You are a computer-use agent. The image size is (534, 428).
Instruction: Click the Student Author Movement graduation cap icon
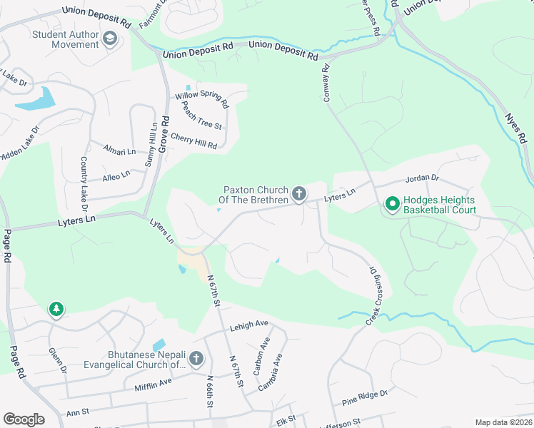pos(110,38)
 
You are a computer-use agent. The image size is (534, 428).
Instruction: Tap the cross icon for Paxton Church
pos(298,193)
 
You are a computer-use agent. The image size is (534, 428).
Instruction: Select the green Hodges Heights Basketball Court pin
pos(392,205)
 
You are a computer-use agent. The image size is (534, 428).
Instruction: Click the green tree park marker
pos(56,309)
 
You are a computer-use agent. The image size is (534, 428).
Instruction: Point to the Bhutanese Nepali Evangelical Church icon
pos(196,359)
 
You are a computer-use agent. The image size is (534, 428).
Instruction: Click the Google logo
pos(24,419)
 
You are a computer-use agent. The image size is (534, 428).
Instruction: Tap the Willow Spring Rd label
pos(202,99)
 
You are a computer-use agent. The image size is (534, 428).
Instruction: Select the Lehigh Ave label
pos(248,325)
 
